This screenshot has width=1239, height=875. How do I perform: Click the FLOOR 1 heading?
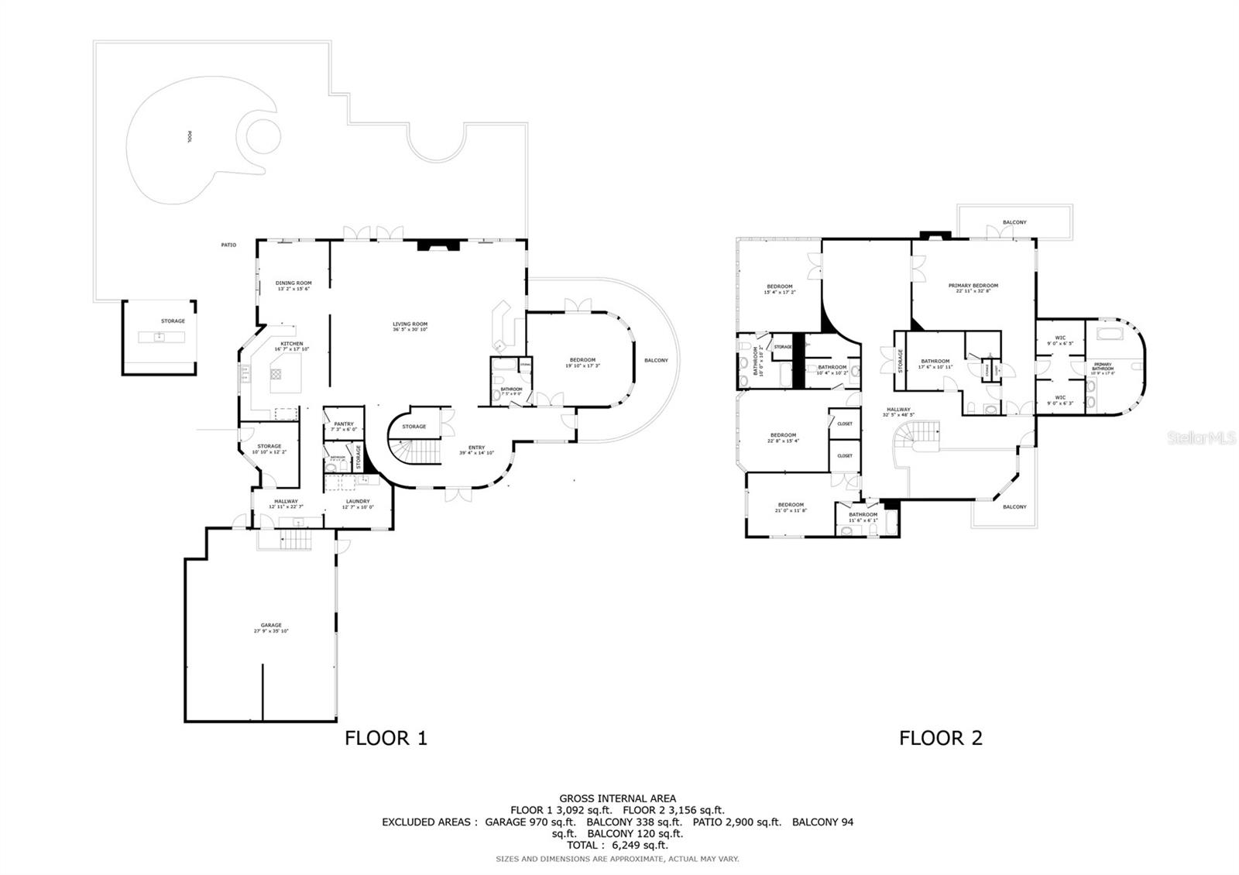[x=386, y=738]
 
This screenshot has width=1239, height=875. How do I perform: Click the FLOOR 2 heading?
[x=940, y=738]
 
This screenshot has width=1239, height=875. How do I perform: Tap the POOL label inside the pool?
[x=190, y=136]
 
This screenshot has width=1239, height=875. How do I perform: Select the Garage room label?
[x=271, y=626]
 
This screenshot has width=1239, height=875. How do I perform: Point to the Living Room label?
[x=410, y=325]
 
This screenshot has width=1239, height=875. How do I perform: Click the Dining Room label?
[x=293, y=284]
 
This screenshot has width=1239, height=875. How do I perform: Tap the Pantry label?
[x=344, y=424]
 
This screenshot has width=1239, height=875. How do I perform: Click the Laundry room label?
[x=358, y=502]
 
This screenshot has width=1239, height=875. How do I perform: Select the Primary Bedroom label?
[x=973, y=287]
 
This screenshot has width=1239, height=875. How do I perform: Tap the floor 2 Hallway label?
[x=898, y=410]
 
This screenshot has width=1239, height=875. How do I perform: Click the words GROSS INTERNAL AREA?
[x=617, y=798]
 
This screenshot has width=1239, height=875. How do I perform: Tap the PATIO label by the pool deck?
[x=228, y=245]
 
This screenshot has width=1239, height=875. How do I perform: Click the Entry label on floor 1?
[x=476, y=448]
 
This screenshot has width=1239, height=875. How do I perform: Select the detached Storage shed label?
[x=173, y=321]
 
